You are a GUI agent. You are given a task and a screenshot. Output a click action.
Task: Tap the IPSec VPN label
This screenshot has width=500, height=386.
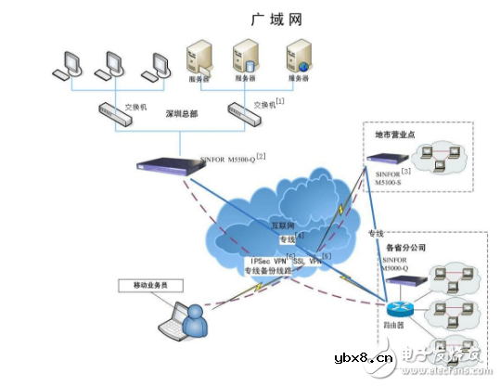point(267,262)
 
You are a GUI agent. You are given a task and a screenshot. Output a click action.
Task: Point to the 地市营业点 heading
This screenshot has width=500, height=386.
point(395,135)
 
